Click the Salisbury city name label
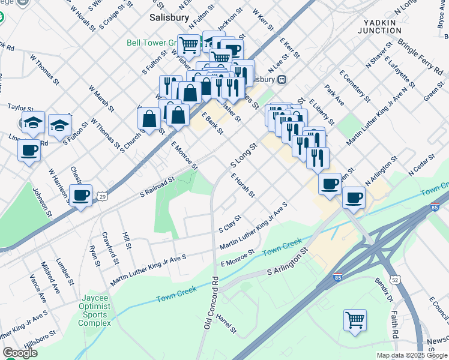(170, 18)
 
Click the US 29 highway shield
(103, 196)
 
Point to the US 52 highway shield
(394, 280)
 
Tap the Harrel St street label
(227, 323)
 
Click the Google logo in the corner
(19, 353)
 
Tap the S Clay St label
(230, 224)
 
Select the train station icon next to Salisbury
(281, 79)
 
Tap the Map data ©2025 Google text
(411, 355)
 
